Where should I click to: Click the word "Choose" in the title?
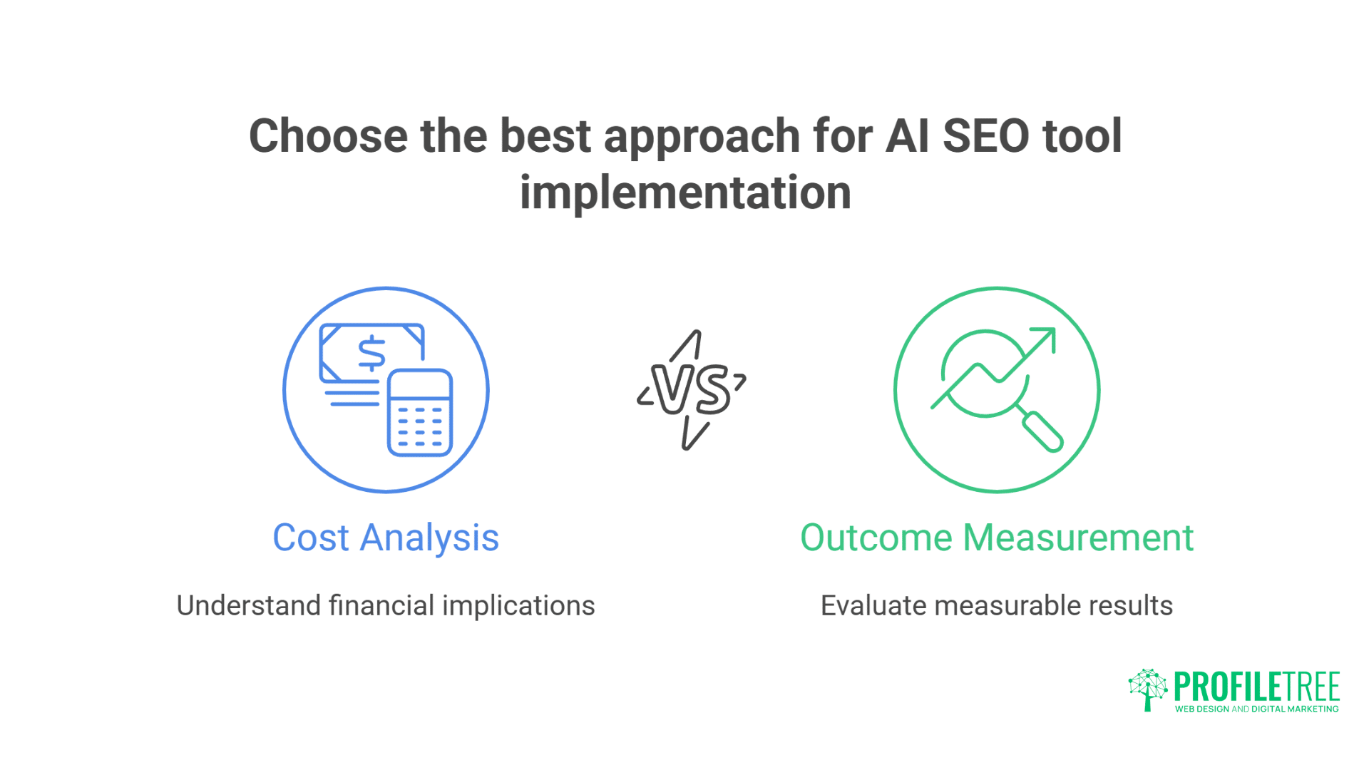click(x=328, y=135)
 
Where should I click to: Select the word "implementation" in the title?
click(x=685, y=192)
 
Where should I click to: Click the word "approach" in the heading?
click(x=702, y=137)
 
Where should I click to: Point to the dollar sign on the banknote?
click(x=371, y=353)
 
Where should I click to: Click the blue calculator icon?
click(x=420, y=413)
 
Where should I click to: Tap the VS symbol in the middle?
click(x=692, y=390)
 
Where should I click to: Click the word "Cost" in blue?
click(x=311, y=538)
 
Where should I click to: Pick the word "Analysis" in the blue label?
click(x=429, y=539)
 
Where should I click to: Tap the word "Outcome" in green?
click(x=876, y=538)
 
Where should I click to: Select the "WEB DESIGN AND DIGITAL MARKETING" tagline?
click(x=1256, y=709)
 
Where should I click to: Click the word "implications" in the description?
click(x=518, y=606)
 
